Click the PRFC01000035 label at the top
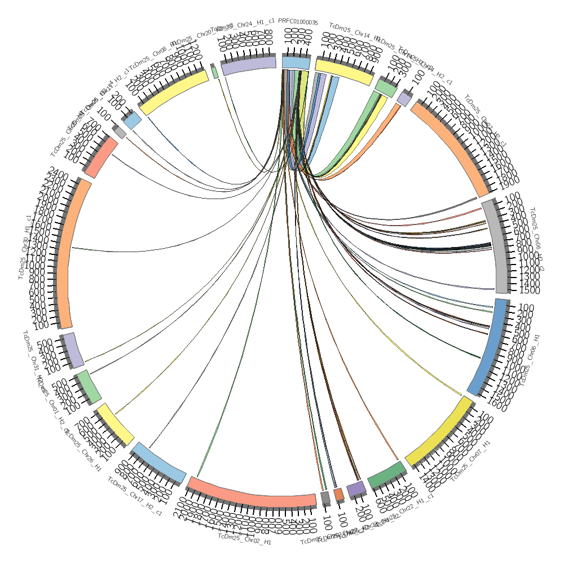pyautogui.click(x=298, y=23)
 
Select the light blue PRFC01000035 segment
pyautogui.click(x=296, y=63)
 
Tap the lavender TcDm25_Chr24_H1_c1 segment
pyautogui.click(x=249, y=67)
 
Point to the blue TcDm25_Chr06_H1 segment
pyautogui.click(x=490, y=347)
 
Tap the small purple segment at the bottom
pyautogui.click(x=355, y=489)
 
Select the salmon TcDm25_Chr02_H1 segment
pyautogui.click(x=252, y=492)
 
